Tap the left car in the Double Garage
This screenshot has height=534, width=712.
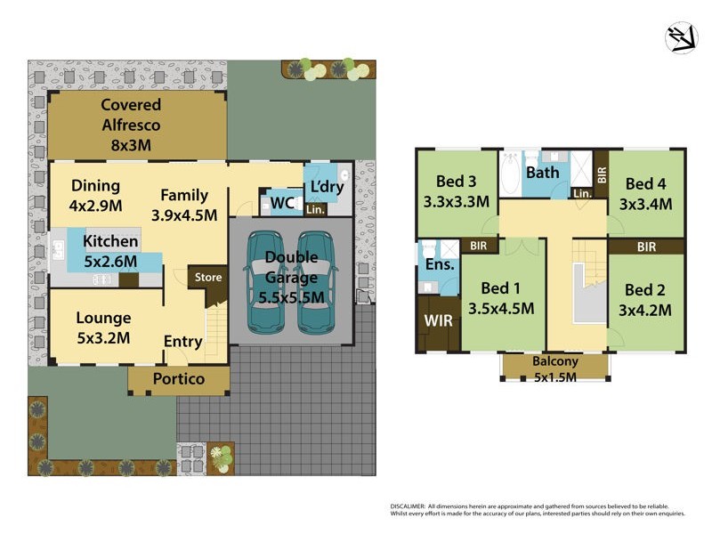tap(264, 280)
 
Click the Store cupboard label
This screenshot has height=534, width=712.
tap(208, 277)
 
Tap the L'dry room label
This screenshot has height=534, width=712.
tap(327, 188)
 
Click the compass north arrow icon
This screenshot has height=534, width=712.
tap(681, 37)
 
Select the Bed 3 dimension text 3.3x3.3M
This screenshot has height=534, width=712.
tap(456, 201)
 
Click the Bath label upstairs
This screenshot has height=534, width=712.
tap(541, 172)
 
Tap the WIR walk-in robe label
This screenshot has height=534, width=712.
tap(438, 319)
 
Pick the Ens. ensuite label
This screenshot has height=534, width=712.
tap(440, 264)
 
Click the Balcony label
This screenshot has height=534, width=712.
tap(555, 361)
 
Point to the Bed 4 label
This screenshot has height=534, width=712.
tap(646, 184)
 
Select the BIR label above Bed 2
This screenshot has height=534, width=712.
tap(646, 246)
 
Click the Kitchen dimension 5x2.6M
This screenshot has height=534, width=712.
tap(110, 261)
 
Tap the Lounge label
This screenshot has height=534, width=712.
tap(103, 318)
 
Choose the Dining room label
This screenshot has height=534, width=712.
tap(95, 186)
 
